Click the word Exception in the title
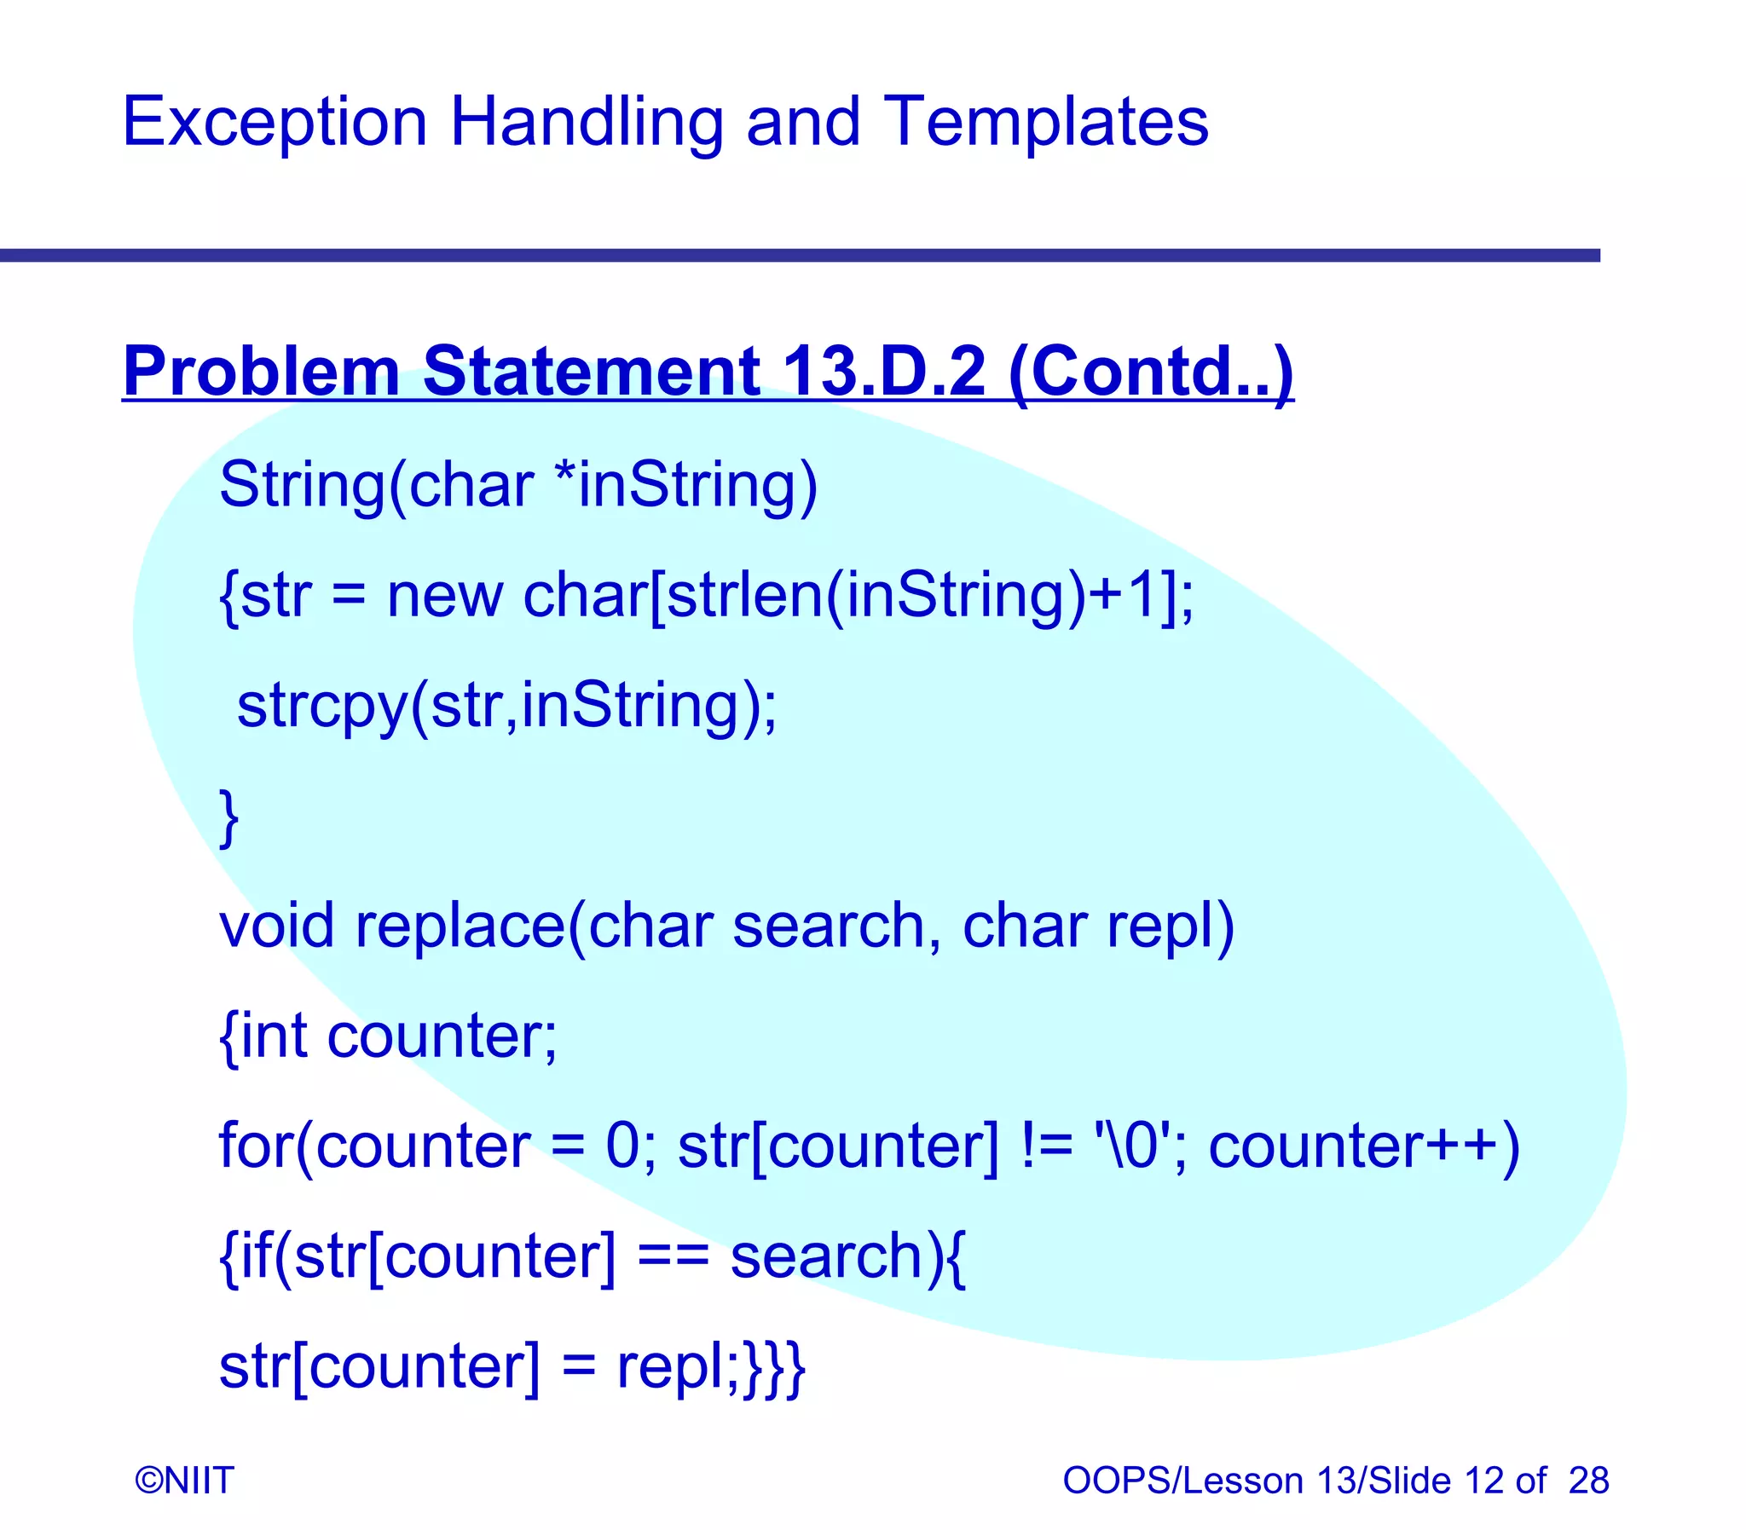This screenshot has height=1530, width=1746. click(274, 122)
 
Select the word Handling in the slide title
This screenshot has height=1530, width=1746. click(586, 122)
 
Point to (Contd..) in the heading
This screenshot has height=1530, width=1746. click(1150, 372)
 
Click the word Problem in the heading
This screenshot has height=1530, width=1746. click(261, 372)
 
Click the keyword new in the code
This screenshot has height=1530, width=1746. click(444, 595)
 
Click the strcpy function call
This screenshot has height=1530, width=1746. click(321, 705)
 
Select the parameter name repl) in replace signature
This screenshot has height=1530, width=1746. click(1171, 926)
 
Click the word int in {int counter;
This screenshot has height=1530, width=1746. click(273, 1036)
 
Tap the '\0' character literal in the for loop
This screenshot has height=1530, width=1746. click(1131, 1146)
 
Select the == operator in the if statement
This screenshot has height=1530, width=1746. click(673, 1256)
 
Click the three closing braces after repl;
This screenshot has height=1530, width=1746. click(773, 1367)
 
